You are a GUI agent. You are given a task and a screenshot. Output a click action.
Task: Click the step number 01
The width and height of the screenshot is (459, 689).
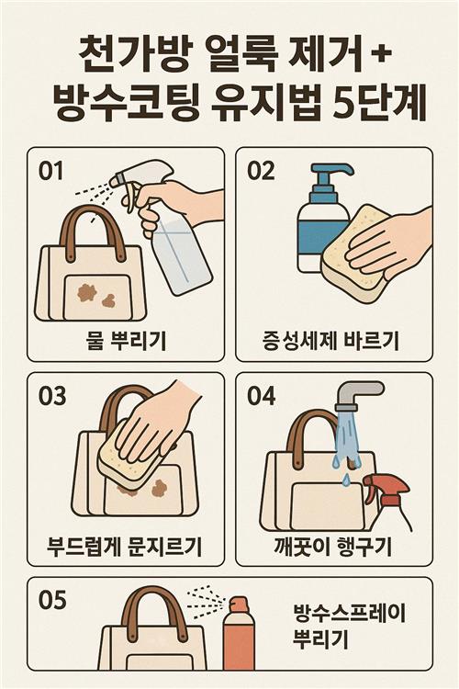[x=50, y=171]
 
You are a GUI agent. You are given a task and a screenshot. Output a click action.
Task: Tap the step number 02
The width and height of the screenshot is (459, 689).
[x=261, y=171]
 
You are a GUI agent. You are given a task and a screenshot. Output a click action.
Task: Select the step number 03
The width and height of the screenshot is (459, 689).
[x=52, y=396]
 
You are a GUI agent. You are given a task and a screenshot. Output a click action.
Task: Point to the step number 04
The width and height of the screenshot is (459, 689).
[x=262, y=396]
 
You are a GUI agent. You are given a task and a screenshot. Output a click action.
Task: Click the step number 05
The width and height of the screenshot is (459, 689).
[x=52, y=600]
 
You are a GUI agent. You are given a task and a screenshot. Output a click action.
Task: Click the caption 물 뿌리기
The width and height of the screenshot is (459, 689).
[x=126, y=341]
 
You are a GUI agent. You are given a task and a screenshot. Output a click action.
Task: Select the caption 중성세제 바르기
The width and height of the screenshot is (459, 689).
[x=330, y=341]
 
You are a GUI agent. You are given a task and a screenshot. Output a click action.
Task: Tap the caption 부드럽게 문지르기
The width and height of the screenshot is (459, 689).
[x=124, y=548]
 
